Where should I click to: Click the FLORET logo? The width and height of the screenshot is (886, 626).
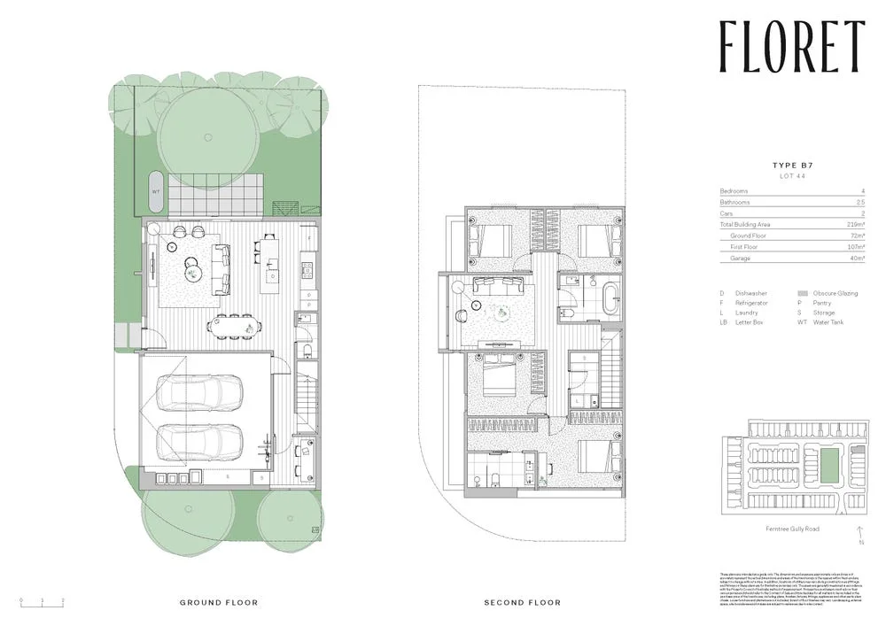coord(791,46)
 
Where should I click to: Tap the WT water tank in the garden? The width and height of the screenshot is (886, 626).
coord(156,190)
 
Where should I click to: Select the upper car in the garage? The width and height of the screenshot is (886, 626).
coord(199,392)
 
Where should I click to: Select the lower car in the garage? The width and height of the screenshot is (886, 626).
coord(199,442)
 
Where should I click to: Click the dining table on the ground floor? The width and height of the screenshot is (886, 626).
coord(236,326)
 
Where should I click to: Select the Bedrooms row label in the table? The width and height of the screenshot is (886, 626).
coord(734,191)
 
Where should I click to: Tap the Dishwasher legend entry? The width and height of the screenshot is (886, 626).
coord(750,293)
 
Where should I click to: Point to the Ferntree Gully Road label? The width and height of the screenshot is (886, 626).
coord(792,529)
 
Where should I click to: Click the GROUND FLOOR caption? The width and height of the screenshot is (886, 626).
coord(219,602)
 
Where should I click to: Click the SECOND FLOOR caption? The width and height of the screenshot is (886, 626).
coord(522,602)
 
